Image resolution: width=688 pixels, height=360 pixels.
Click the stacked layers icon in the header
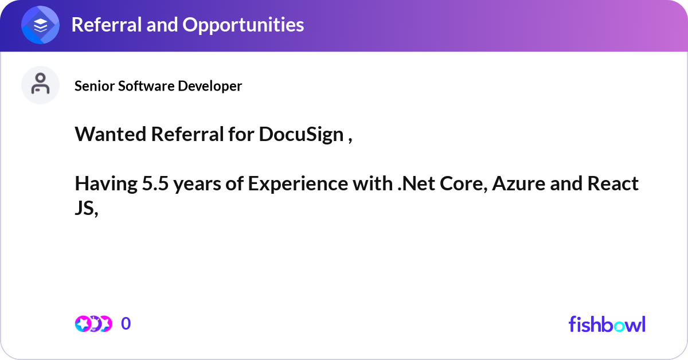[x=40, y=25]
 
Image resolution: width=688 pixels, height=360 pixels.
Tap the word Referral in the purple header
[x=106, y=25]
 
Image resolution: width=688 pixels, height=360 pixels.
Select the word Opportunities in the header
[x=243, y=25]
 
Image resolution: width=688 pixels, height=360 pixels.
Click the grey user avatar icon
[x=40, y=85]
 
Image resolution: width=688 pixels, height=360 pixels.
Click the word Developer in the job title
[x=210, y=86]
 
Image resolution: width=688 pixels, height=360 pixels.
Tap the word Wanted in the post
[x=111, y=134]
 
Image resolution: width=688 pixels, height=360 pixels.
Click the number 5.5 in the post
[x=155, y=183]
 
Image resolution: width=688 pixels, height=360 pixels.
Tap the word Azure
[x=518, y=183]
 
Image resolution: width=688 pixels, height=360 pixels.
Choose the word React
[x=613, y=183]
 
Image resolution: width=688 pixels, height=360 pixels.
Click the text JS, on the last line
[x=87, y=209]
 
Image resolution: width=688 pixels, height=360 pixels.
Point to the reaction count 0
[x=126, y=323]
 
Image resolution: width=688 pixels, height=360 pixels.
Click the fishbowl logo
[x=607, y=324]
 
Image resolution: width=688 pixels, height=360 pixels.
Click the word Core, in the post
[x=464, y=183]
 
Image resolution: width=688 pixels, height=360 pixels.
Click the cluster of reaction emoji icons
[x=93, y=324]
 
